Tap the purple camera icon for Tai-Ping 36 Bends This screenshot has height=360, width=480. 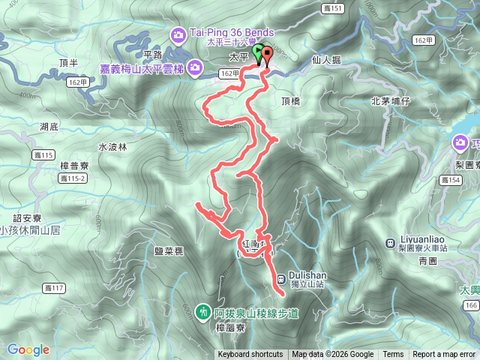coord(178,34)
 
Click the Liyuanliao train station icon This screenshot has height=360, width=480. coord(390,242)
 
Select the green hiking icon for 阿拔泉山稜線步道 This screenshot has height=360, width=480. coord(202,310)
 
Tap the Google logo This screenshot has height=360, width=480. coord(28,349)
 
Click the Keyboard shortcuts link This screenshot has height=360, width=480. coord(250,355)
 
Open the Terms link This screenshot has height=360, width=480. coord(393,355)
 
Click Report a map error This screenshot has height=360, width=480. coord(444,355)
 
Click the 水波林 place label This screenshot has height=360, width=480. coord(112,147)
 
